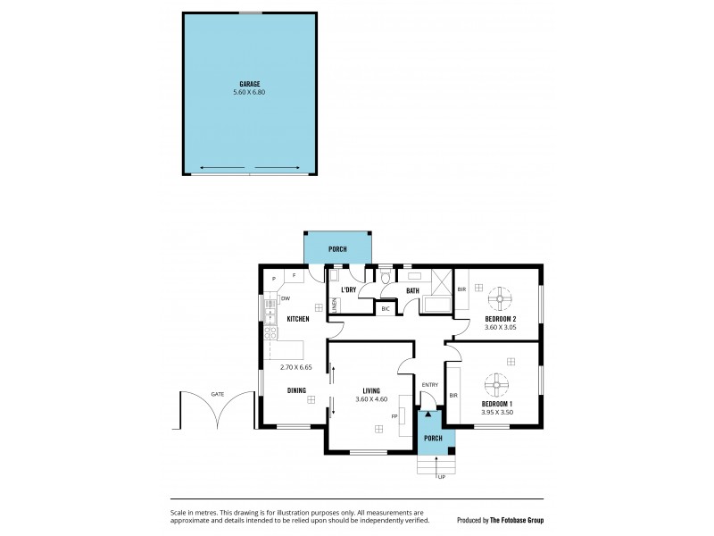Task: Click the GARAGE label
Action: [249, 83]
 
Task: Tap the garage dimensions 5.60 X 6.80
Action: [249, 92]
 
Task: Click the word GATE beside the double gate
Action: [217, 393]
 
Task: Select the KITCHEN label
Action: [298, 319]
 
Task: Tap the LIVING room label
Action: [372, 389]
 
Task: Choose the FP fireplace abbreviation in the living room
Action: [394, 416]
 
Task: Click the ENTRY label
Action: [429, 385]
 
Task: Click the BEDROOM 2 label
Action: [501, 319]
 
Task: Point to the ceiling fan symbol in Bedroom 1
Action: [496, 386]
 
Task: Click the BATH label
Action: [412, 290]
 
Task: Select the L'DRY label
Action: [349, 290]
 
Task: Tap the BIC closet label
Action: [386, 309]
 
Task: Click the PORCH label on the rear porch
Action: [337, 249]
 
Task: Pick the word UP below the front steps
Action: [441, 477]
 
